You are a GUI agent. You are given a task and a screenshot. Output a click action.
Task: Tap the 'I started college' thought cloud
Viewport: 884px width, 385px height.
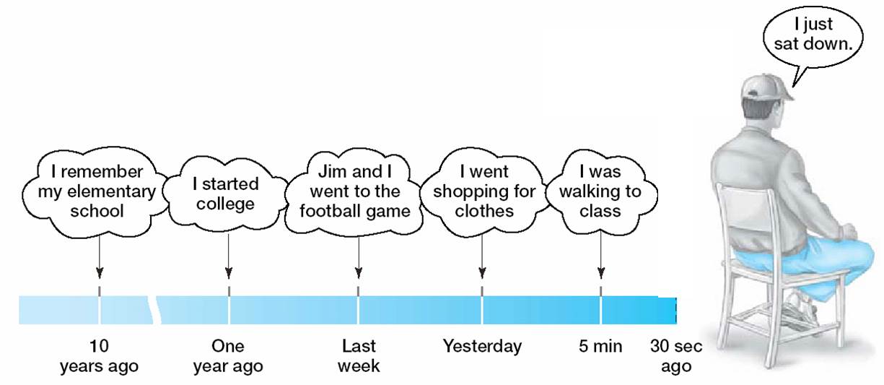[x=226, y=194]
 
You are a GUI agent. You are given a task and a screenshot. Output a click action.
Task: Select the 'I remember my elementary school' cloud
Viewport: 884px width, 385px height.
[x=97, y=192]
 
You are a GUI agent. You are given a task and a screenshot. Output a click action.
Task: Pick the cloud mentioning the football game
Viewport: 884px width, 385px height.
[x=354, y=192]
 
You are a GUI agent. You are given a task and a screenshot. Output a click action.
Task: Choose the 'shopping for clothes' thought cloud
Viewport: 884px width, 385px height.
[x=484, y=192]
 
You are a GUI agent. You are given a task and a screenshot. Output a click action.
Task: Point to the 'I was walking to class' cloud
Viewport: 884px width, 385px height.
[x=600, y=192]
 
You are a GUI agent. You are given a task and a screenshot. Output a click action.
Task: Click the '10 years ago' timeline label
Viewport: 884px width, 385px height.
[x=99, y=356]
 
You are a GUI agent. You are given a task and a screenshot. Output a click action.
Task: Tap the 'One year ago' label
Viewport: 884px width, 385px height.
[x=228, y=356]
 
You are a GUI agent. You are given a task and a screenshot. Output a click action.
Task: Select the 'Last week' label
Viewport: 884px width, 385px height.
[x=359, y=356]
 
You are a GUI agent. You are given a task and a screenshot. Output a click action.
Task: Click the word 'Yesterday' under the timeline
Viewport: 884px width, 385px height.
[x=482, y=346]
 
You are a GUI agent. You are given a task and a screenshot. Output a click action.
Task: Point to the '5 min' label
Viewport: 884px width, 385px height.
[x=600, y=346]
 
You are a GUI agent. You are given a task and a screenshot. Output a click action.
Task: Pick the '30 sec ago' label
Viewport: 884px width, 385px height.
[x=676, y=356]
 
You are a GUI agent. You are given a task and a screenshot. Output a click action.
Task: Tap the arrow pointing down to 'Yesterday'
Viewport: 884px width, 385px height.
[x=482, y=256]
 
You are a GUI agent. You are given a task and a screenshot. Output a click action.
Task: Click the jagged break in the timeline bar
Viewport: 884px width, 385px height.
[x=154, y=310]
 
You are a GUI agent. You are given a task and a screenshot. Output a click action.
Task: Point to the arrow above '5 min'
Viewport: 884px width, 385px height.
[x=601, y=255]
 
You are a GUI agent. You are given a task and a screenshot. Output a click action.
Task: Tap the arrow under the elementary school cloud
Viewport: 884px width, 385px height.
[x=100, y=257]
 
